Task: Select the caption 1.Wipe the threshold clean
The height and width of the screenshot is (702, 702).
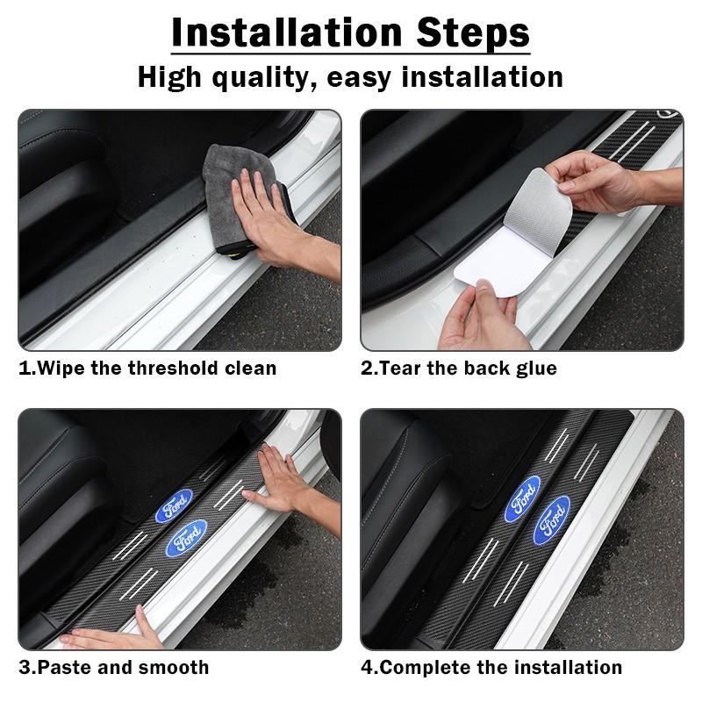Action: click(x=147, y=368)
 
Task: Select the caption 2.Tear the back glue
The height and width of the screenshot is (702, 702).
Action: click(x=458, y=368)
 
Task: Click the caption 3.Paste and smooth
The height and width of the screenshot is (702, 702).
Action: click(x=114, y=667)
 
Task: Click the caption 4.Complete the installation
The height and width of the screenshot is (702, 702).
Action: click(x=491, y=667)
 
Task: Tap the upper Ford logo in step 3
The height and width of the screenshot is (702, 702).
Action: click(x=174, y=506)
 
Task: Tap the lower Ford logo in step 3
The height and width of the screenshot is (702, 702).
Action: click(x=187, y=538)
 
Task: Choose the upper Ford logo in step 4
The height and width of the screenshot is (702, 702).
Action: click(x=522, y=498)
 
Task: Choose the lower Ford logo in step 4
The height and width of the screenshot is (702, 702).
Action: click(x=552, y=519)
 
